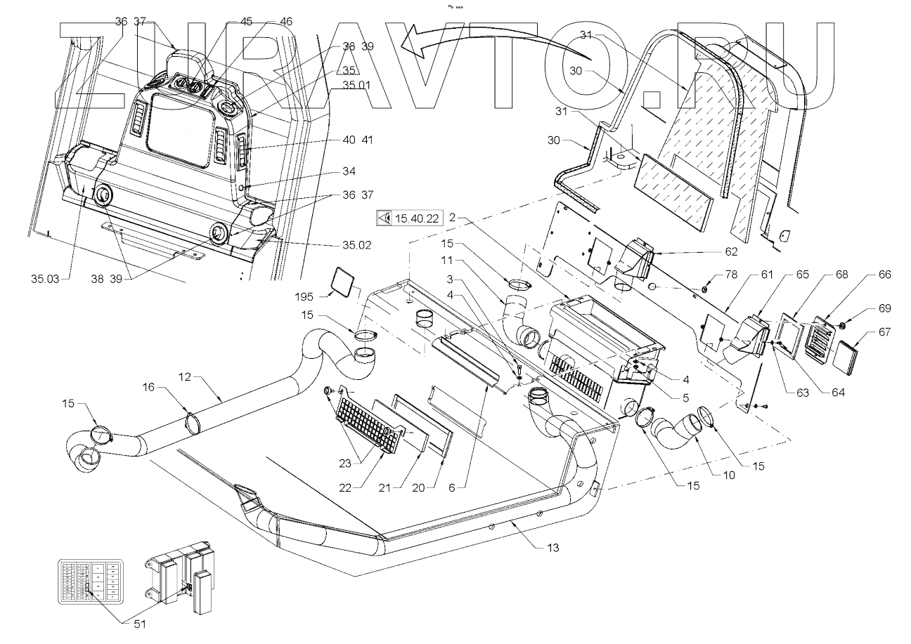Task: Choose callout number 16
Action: (x=148, y=386)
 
